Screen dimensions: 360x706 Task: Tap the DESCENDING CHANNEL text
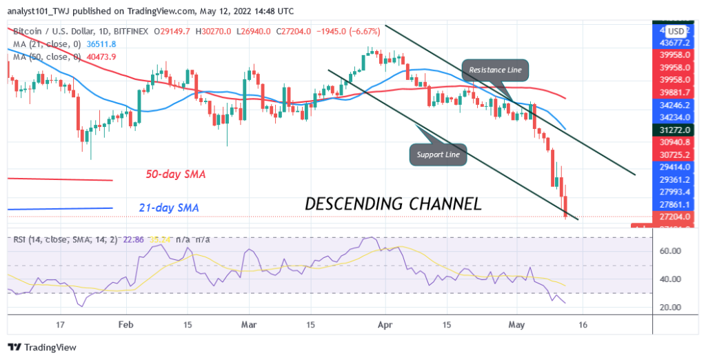click(393, 203)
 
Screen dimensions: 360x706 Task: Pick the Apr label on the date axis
click(385, 324)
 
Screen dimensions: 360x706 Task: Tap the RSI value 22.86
click(129, 239)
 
